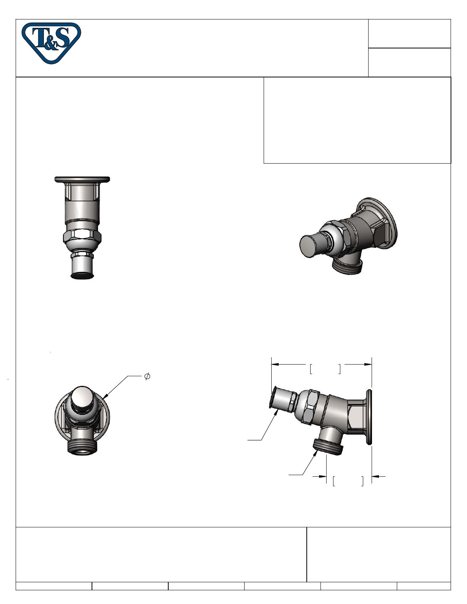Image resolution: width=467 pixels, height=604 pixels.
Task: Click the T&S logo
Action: pos(52,43)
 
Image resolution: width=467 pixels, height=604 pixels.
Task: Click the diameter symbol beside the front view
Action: pos(147,376)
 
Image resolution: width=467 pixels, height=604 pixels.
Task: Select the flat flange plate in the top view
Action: pos(82,179)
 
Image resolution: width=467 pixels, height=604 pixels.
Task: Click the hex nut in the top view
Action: pos(82,237)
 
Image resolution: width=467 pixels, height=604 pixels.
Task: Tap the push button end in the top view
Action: pos(82,267)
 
